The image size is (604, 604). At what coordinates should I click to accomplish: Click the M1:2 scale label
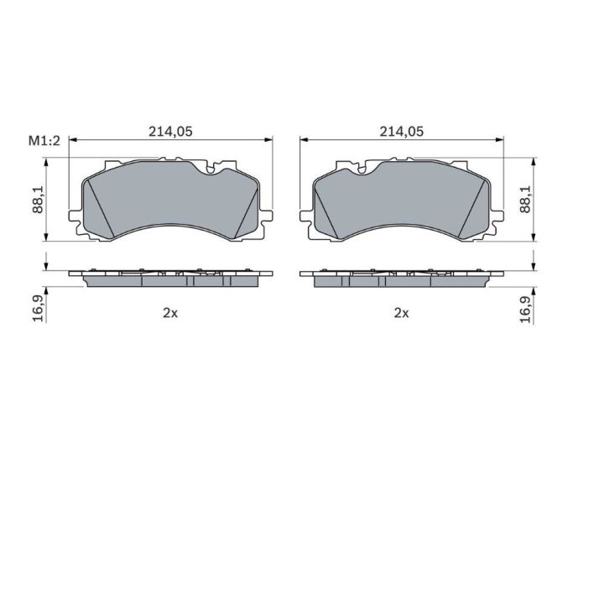(44, 141)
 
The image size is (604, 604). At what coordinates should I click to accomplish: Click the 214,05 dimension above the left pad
(170, 132)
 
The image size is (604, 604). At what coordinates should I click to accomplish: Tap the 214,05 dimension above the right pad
(401, 132)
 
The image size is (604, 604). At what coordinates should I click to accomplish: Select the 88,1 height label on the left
(38, 199)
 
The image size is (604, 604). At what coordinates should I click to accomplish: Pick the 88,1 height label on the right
(525, 199)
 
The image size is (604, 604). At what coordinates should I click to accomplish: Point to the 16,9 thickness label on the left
(38, 309)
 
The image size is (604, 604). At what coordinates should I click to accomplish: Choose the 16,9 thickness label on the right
(525, 309)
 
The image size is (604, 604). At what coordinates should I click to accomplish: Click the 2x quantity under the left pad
(170, 313)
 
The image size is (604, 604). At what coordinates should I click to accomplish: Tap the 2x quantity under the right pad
(401, 313)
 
